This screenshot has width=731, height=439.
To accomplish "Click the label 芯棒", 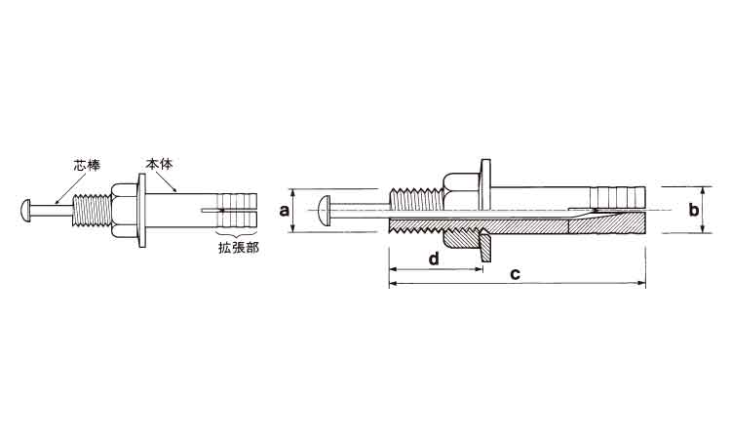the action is [87, 165].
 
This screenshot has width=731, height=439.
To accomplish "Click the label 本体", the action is [160, 164].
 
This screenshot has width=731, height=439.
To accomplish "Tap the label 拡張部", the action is [238, 247].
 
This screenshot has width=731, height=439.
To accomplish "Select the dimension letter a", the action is [284, 211].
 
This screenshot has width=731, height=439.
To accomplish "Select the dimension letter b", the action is [694, 210].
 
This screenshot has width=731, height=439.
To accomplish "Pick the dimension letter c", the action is [515, 274].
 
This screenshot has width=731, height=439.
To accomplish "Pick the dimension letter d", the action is [434, 258].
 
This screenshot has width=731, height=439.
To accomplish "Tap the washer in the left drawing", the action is [141, 210].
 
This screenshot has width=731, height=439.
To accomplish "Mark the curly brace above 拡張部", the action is [238, 233].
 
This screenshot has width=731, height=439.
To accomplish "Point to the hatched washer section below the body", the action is [484, 245].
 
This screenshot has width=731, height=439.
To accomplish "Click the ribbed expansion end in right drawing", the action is [617, 197].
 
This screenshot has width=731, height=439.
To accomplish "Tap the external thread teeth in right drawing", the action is [414, 197].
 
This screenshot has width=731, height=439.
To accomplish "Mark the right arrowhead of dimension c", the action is [642, 283].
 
